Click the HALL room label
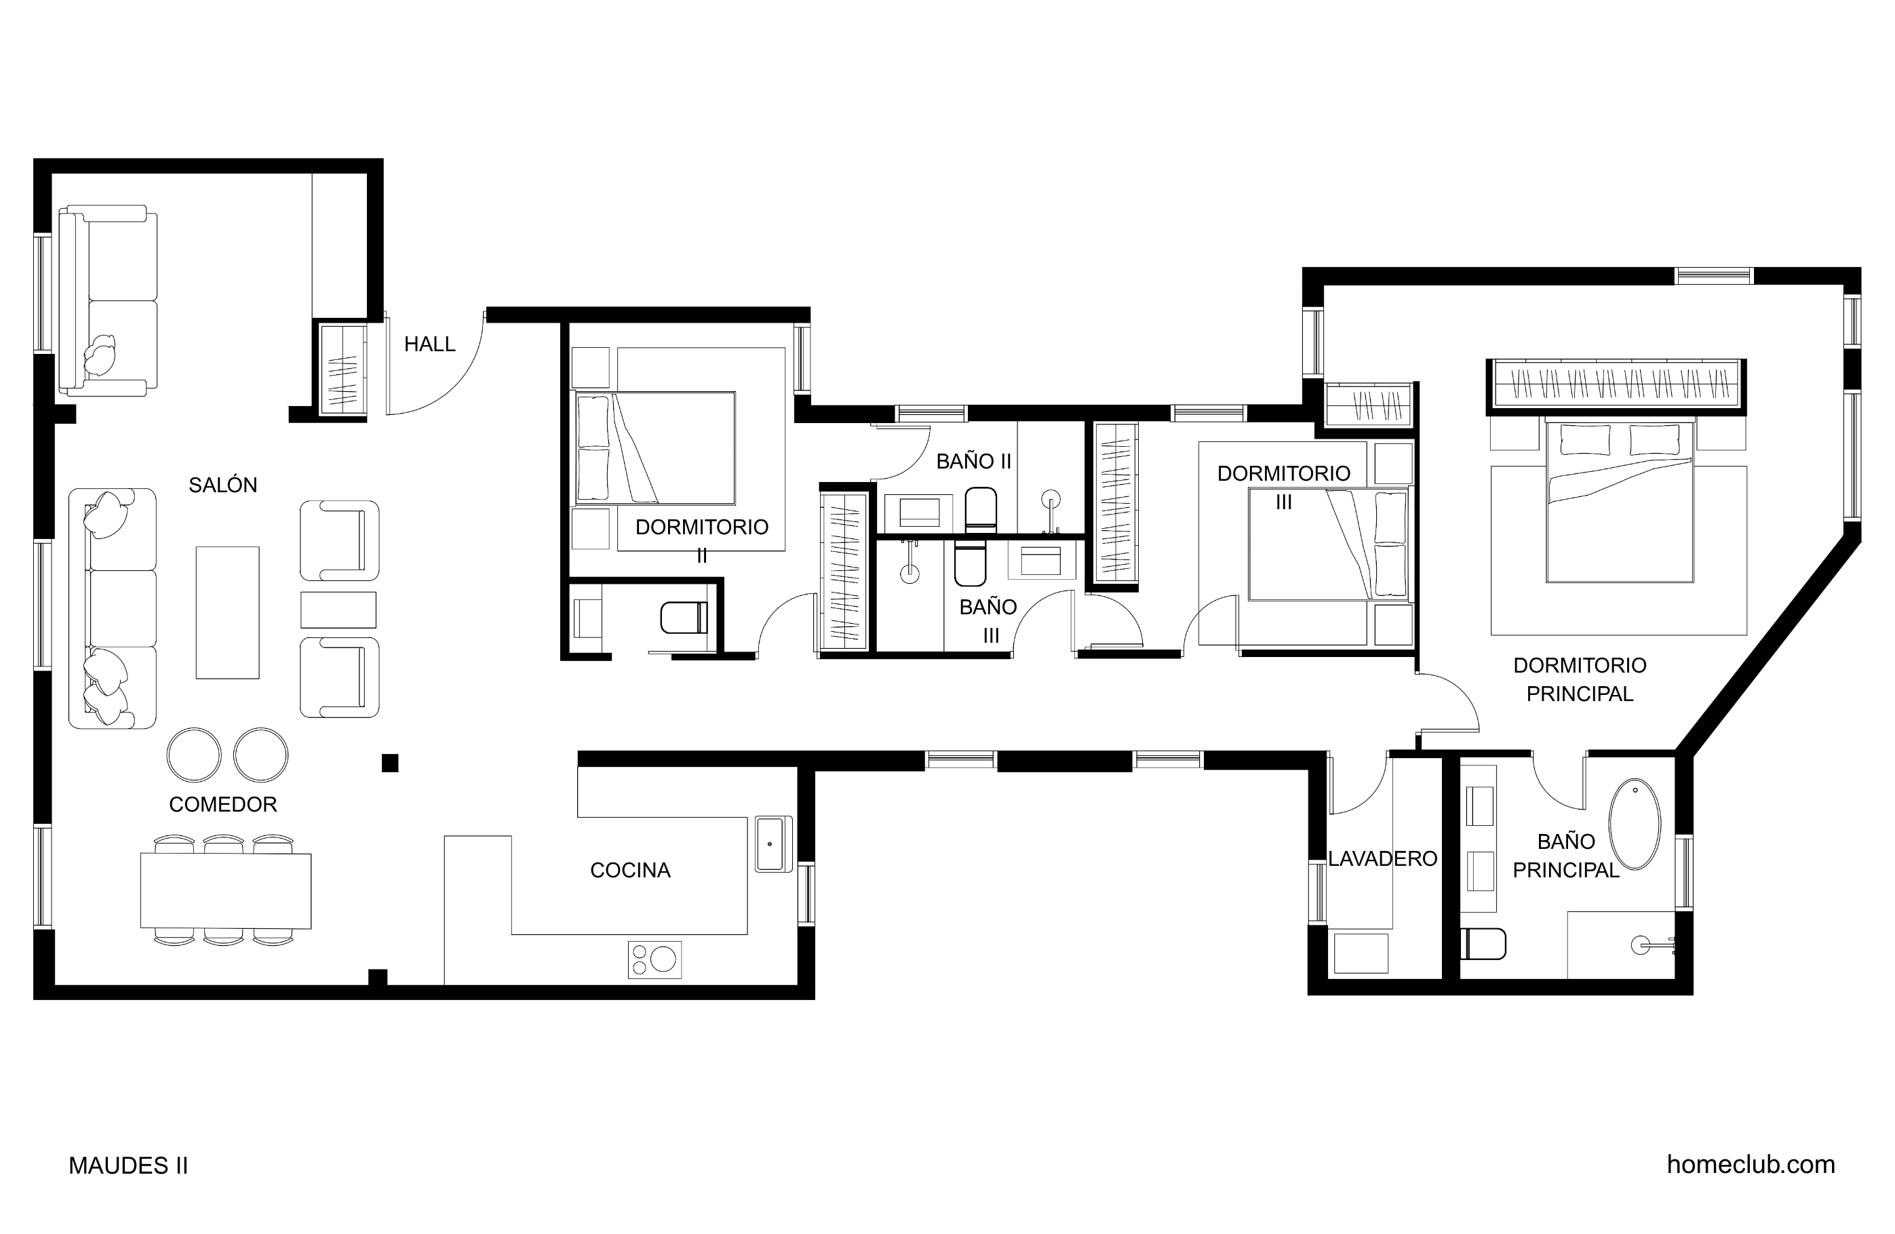pos(429,344)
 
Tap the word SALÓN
pos(223,485)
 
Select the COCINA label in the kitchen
pos(630,870)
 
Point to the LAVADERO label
pos(1383,858)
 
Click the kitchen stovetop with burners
pos(655,959)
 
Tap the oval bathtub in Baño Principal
pos(1635,824)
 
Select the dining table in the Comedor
pos(226,891)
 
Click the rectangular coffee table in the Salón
pos(228,612)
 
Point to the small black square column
pos(390,763)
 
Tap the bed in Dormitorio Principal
pos(1619,502)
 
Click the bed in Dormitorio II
pos(655,448)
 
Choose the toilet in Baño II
pos(980,509)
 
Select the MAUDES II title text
pos(128,1166)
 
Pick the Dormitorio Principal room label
pos(1580,679)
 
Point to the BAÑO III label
pos(989,621)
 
